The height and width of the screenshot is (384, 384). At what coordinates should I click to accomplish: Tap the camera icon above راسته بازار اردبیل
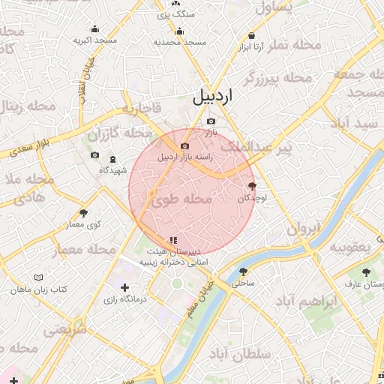(184, 145)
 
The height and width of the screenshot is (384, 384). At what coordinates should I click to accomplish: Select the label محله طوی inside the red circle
(183, 200)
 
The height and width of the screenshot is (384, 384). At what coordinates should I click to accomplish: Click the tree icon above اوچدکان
(251, 186)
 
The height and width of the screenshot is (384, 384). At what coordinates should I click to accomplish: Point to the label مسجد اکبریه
(94, 40)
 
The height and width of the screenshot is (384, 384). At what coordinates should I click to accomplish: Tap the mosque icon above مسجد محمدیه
(179, 31)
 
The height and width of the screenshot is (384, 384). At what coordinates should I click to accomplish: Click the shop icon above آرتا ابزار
(251, 35)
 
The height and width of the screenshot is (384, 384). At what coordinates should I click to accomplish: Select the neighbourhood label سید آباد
(355, 122)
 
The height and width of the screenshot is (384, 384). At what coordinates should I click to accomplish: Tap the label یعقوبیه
(351, 247)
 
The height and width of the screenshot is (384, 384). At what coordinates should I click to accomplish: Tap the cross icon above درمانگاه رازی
(124, 287)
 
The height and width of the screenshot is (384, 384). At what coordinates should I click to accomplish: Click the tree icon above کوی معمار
(83, 213)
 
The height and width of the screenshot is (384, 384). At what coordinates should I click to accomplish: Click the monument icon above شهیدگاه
(112, 159)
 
